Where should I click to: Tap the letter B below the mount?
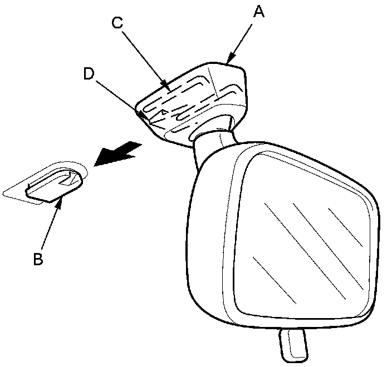click(x=38, y=259)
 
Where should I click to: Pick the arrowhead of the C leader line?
click(x=168, y=87)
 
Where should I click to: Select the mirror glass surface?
click(x=301, y=234)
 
